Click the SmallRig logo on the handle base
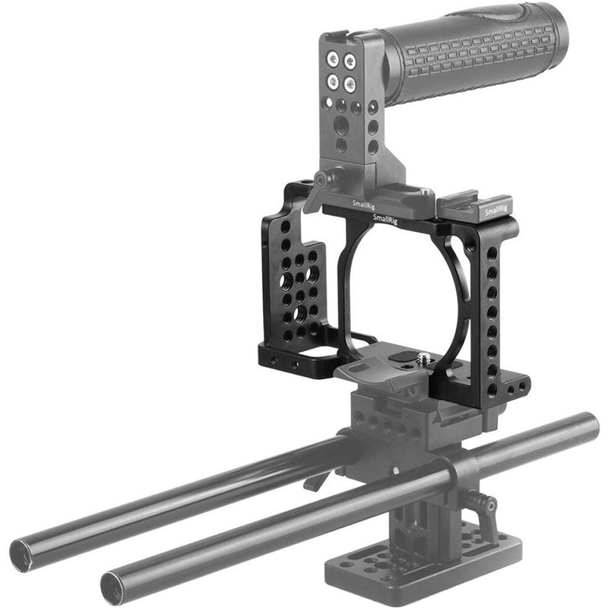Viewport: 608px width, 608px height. point(363,203)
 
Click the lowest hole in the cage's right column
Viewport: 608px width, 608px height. point(492,389)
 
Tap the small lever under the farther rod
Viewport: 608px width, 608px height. point(313,480)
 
